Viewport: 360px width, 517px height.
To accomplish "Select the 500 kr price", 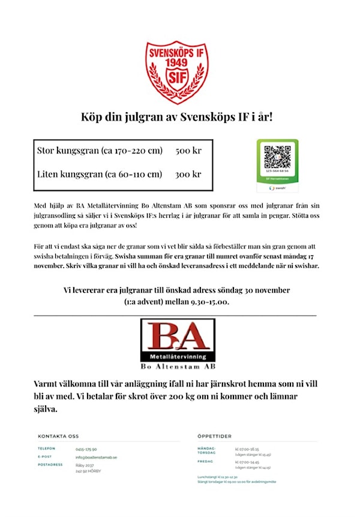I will tap(188, 151).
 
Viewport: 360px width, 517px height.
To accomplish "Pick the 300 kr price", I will tap(188, 175).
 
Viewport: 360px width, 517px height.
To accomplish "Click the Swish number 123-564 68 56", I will tap(277, 171).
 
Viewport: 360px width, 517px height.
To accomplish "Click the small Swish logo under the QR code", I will tap(277, 188).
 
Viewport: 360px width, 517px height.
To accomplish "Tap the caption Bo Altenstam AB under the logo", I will tap(177, 366).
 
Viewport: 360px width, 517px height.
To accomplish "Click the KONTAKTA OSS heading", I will tap(58, 436).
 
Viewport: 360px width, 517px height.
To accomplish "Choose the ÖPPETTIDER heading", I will tap(214, 436).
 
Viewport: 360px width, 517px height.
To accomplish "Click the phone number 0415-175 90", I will tap(86, 449).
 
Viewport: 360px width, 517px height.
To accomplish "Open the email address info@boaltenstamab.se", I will tap(96, 457).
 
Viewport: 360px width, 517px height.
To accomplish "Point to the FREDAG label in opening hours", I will tap(205, 462).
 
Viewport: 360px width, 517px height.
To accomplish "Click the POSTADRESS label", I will tap(50, 465).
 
